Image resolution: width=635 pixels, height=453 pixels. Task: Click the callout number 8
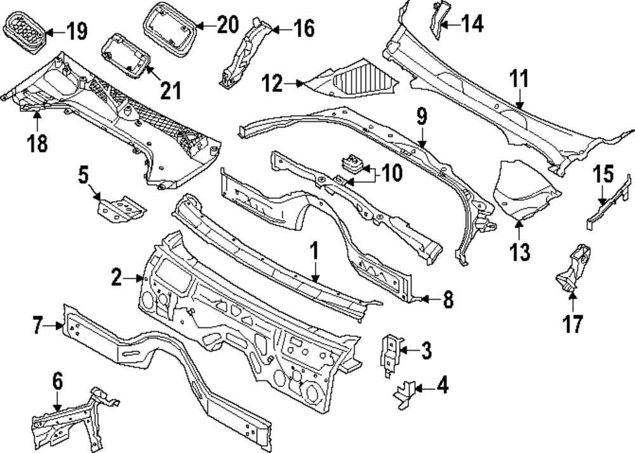click(448, 299)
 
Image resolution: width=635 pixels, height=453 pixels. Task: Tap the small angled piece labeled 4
click(404, 393)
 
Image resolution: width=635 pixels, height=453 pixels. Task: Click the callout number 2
click(116, 277)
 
